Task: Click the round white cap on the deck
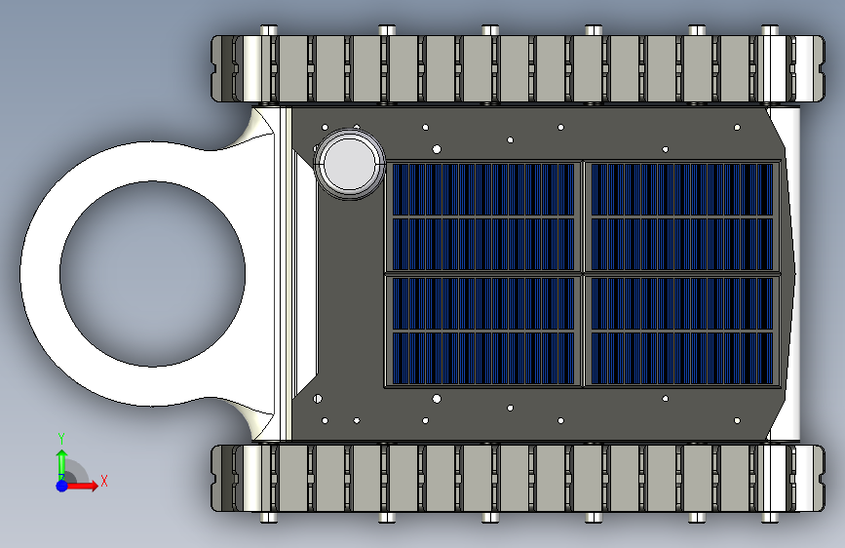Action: pyautogui.click(x=350, y=164)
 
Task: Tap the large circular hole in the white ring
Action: pyautogui.click(x=152, y=274)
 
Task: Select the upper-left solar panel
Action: pyautogui.click(x=483, y=216)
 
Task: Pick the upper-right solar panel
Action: pyautogui.click(x=682, y=216)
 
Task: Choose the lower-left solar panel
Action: pyautogui.click(x=483, y=331)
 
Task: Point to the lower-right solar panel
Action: pyautogui.click(x=682, y=331)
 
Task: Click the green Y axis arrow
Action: pyautogui.click(x=62, y=463)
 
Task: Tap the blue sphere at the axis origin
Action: pyautogui.click(x=62, y=486)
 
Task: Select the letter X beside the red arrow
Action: pyautogui.click(x=104, y=481)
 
